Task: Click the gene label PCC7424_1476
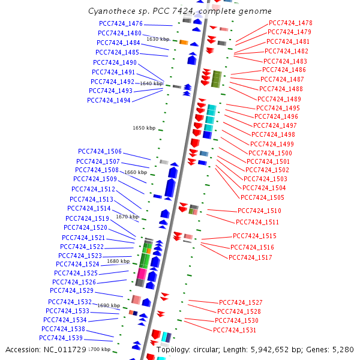[121, 23]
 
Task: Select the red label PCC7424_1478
[290, 23]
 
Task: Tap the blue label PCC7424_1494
[109, 100]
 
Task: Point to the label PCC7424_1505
[262, 197]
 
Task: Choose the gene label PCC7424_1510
[259, 211]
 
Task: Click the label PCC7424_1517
[250, 257]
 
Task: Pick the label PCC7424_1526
[74, 282]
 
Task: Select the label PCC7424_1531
[235, 330]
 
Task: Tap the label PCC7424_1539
[61, 338]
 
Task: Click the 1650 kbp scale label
[144, 128]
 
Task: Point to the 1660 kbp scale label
[136, 172]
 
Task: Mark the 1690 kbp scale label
[109, 305]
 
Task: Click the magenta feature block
[142, 274]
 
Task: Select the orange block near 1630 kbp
[184, 43]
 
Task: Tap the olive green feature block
[216, 79]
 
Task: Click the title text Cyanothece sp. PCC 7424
[142, 11]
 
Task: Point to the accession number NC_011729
[65, 350]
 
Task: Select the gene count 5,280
[343, 350]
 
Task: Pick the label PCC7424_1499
[272, 144]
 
